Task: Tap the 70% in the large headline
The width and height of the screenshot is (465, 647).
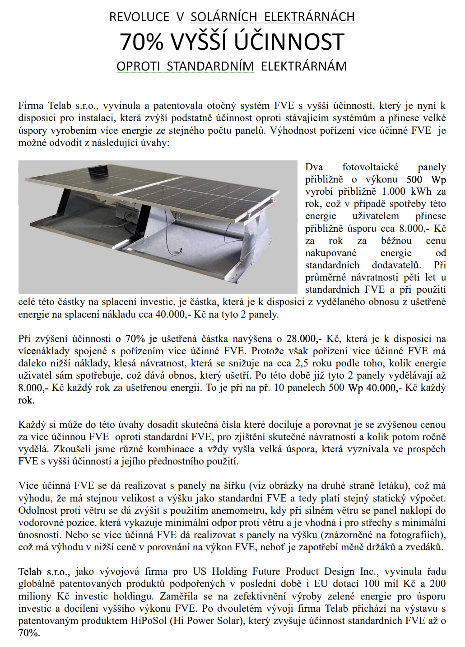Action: [141, 42]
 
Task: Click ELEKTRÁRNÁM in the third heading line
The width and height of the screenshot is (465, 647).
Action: [304, 66]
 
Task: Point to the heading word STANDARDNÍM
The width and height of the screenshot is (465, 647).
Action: [210, 66]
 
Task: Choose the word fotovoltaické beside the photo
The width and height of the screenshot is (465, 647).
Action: [370, 167]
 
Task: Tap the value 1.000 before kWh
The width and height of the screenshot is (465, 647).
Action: [394, 192]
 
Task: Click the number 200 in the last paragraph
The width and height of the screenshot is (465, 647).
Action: [437, 584]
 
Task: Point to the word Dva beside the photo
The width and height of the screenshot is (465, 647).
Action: [314, 167]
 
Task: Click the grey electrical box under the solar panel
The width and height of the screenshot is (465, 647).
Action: [124, 209]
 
